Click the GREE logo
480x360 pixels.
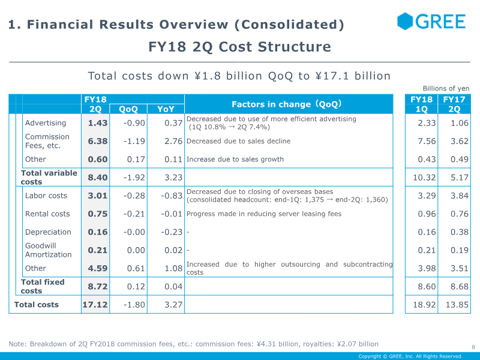[431, 22]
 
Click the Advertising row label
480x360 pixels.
[46, 123]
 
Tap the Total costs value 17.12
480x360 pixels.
[95, 305]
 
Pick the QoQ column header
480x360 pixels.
[128, 109]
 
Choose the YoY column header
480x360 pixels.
[166, 109]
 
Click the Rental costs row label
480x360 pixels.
[47, 214]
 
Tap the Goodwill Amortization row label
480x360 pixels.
[48, 250]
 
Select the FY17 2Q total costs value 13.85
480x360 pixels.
[454, 305]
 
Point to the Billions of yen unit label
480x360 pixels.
[446, 88]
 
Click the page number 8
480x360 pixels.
[473, 347]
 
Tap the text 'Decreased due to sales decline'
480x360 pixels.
[239, 141]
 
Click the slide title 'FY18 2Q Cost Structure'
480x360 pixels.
[239, 47]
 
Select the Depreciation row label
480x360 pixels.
[48, 232]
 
